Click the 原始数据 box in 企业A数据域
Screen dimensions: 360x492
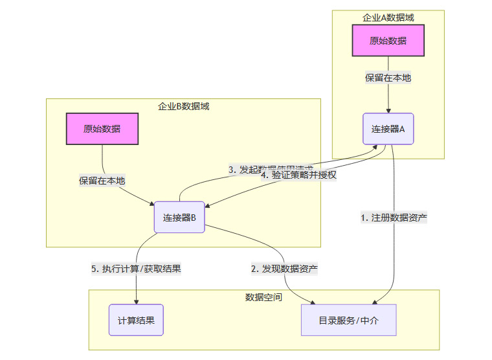[x=388, y=41]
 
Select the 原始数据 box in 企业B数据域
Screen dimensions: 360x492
[x=102, y=128]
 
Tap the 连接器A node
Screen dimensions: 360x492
[x=388, y=129]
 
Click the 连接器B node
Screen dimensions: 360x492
[x=179, y=217]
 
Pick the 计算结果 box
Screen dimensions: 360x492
[x=136, y=320]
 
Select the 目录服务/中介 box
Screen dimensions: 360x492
[x=348, y=320]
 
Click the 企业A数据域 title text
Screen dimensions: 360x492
[x=388, y=17]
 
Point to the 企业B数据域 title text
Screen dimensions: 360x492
[x=183, y=106]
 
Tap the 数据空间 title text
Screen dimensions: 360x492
[x=263, y=297]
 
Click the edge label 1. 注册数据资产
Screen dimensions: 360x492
[x=394, y=218]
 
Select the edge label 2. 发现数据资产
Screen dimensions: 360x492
[x=284, y=268]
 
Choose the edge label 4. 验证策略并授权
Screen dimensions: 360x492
[x=298, y=174]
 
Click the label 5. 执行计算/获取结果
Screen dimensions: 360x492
[x=136, y=268]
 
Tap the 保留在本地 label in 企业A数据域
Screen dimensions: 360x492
[x=388, y=78]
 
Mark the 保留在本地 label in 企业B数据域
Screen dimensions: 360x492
[x=102, y=180]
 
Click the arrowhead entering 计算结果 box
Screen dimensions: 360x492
[x=137, y=301]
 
